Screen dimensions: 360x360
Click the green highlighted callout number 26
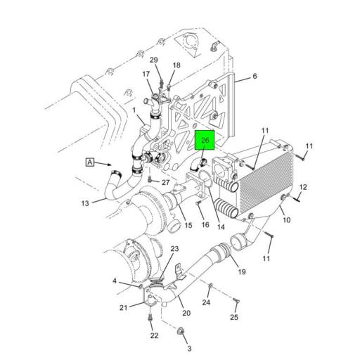click(205, 140)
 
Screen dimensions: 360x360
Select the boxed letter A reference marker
click(90, 162)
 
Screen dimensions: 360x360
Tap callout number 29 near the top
click(154, 60)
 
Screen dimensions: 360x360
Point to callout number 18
click(176, 65)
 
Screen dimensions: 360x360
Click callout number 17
click(146, 74)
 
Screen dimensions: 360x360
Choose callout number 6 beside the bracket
click(255, 76)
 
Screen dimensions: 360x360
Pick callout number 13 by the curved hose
click(85, 203)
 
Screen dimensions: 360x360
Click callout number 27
click(165, 182)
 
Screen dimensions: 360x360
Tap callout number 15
click(188, 225)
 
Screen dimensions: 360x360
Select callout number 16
click(205, 224)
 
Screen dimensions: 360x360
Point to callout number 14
click(221, 226)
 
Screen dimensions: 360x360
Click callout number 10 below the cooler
click(287, 220)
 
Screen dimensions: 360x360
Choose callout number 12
click(303, 187)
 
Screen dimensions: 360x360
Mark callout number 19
click(242, 271)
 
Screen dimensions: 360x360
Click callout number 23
click(174, 249)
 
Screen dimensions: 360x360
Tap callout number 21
click(123, 307)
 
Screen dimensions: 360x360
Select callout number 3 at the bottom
click(189, 349)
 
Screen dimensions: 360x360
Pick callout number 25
click(234, 317)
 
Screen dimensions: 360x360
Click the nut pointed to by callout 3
click(181, 331)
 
